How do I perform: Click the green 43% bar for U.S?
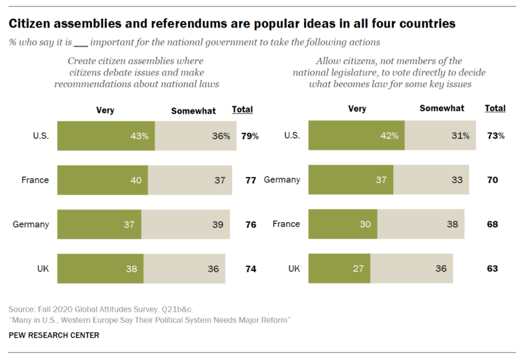coord(106,136)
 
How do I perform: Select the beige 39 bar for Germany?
coord(186,224)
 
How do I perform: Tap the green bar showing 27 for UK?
coord(339,269)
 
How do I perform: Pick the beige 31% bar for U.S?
coord(440,136)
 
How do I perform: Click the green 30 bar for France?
coord(342,224)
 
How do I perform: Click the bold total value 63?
coord(492,269)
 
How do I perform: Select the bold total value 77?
coord(250,180)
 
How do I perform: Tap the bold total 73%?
coord(494,136)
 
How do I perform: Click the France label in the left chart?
coord(35,180)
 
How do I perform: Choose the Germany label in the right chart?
coord(282,180)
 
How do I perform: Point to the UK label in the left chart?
coord(43,269)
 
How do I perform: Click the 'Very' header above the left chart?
coord(105,111)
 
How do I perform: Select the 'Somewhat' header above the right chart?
coord(442,108)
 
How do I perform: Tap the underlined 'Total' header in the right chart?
coord(495,108)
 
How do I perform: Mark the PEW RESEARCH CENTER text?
coord(54,336)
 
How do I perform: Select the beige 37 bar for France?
coord(190,180)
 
